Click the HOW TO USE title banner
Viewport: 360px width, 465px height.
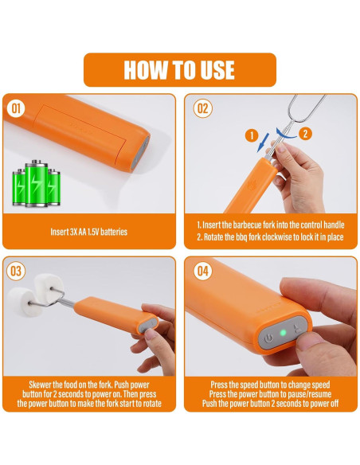[180, 70]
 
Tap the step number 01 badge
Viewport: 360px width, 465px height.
[16, 108]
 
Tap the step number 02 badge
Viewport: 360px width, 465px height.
[203, 108]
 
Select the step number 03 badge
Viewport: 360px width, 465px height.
[16, 271]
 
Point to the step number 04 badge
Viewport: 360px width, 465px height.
[203, 271]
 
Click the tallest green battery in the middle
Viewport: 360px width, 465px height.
[36, 183]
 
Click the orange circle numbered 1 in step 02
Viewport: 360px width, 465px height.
[252, 135]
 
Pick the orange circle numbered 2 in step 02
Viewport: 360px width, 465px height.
[305, 134]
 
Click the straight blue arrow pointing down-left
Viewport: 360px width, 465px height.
[263, 143]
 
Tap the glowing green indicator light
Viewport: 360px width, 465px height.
[284, 333]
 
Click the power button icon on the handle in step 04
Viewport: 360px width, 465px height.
[269, 338]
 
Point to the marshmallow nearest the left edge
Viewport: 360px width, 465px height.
[22, 302]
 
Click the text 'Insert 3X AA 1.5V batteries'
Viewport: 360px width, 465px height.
[88, 232]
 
